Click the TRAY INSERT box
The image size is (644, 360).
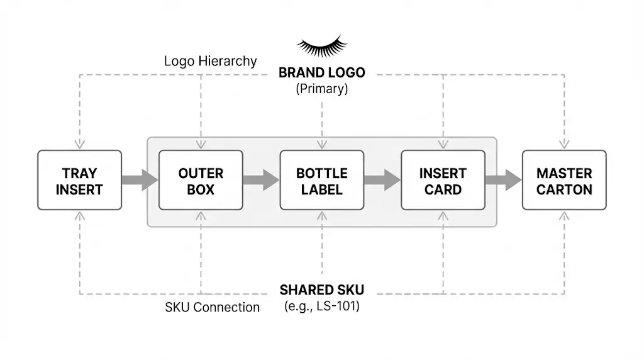[79, 180]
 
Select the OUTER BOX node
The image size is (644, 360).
[201, 180]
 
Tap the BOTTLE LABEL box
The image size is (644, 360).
[322, 180]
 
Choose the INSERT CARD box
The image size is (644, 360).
[443, 180]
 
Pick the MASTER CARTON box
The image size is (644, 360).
[564, 180]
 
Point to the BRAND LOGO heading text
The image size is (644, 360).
[322, 72]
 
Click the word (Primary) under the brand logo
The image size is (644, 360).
[322, 89]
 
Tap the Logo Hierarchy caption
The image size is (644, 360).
[210, 61]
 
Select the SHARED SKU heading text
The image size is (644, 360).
[322, 290]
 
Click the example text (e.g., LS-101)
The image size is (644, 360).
[322, 307]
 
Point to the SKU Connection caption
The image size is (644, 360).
[212, 307]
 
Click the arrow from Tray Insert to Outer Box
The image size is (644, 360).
[140, 180]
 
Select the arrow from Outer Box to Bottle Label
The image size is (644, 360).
[261, 180]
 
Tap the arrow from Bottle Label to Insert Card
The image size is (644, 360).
[382, 180]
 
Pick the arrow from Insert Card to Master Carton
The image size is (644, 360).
[503, 180]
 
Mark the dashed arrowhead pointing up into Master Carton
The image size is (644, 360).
[564, 215]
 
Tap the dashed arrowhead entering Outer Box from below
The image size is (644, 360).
[201, 215]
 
